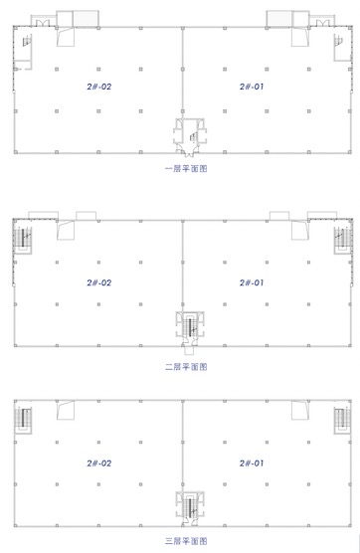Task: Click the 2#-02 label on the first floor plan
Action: (x=99, y=87)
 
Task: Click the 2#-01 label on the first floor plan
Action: (x=252, y=87)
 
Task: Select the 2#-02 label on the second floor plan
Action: (x=99, y=282)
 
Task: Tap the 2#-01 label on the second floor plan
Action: (x=252, y=282)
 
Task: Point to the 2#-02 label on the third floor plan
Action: (x=99, y=463)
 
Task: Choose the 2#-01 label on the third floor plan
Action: (x=252, y=463)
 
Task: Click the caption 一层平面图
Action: (x=186, y=168)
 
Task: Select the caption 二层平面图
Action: (x=186, y=367)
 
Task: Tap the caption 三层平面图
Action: (x=186, y=541)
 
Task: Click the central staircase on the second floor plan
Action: (x=190, y=327)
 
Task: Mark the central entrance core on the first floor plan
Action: (x=190, y=137)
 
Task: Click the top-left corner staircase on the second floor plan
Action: (x=23, y=239)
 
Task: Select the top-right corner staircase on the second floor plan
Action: (x=343, y=239)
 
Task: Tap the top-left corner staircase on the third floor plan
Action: (x=24, y=420)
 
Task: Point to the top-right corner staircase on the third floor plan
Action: (x=342, y=420)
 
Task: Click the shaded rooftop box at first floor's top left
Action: (x=86, y=18)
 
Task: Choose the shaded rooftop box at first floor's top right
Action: (x=278, y=18)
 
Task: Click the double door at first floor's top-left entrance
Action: (x=43, y=23)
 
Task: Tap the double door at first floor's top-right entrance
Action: (x=322, y=23)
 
